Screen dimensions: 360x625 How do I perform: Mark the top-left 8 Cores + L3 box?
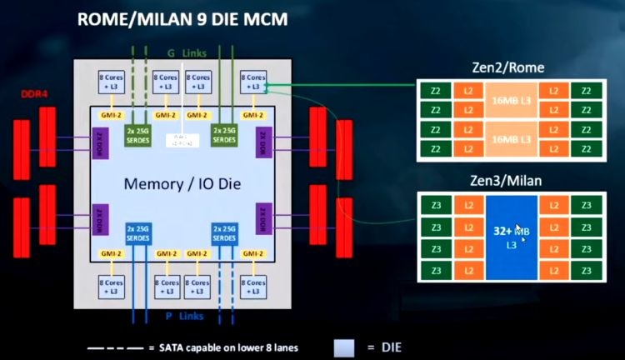click(x=112, y=81)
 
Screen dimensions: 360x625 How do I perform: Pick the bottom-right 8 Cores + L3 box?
click(x=252, y=284)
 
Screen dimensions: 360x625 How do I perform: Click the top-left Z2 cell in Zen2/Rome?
click(x=434, y=90)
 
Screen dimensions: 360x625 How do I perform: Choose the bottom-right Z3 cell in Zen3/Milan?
click(x=586, y=272)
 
